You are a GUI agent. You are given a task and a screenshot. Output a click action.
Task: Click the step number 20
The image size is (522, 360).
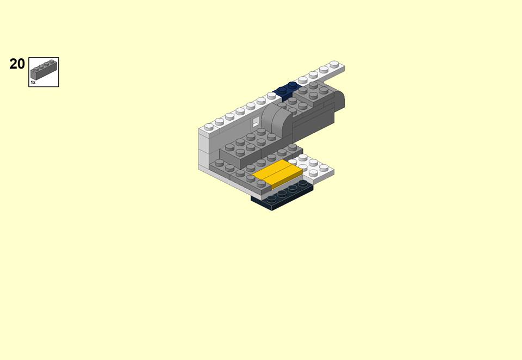(17, 64)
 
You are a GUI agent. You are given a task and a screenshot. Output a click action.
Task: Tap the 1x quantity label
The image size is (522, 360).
(33, 82)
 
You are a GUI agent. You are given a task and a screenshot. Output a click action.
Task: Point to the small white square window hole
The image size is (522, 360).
(256, 122)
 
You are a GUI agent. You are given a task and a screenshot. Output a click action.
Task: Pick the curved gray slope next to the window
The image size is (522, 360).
(277, 120)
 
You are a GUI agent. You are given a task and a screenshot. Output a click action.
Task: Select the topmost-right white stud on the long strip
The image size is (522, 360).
(334, 64)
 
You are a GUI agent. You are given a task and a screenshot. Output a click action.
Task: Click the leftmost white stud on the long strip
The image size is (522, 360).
(209, 127)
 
